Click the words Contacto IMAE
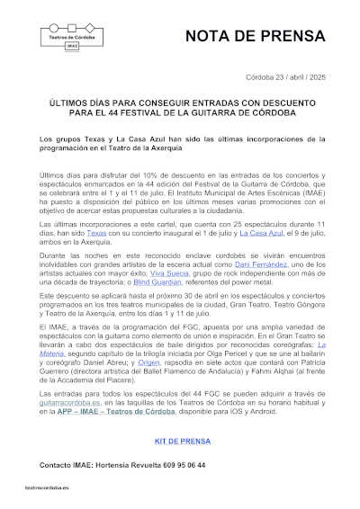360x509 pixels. [x=62, y=465]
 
